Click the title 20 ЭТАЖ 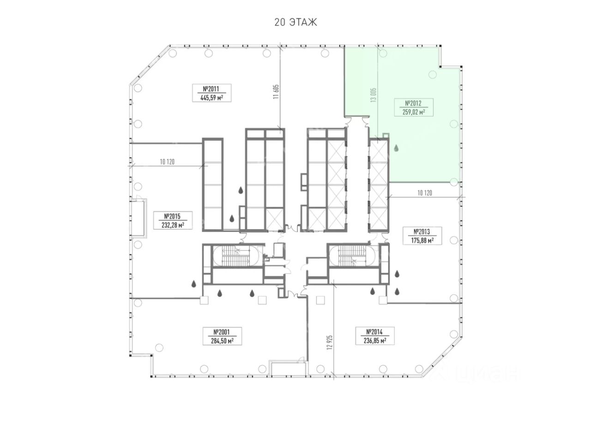coord(295,23)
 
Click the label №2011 coord(211,89)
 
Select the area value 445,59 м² coord(211,98)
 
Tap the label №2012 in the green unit coord(413,103)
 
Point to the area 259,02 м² coord(414,112)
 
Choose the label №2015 coord(172,216)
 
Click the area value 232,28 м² coord(173,225)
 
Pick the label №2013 coord(422,232)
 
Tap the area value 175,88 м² coord(422,241)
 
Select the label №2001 coord(221,332)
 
